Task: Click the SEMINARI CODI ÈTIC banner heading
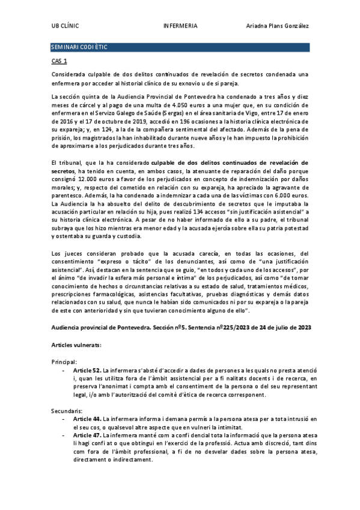[x=79, y=47]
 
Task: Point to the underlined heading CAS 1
[x=59, y=61]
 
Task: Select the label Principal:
[x=64, y=362]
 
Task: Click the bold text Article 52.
[x=87, y=370]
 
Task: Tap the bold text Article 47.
[x=87, y=434]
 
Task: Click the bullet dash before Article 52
[x=64, y=370]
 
